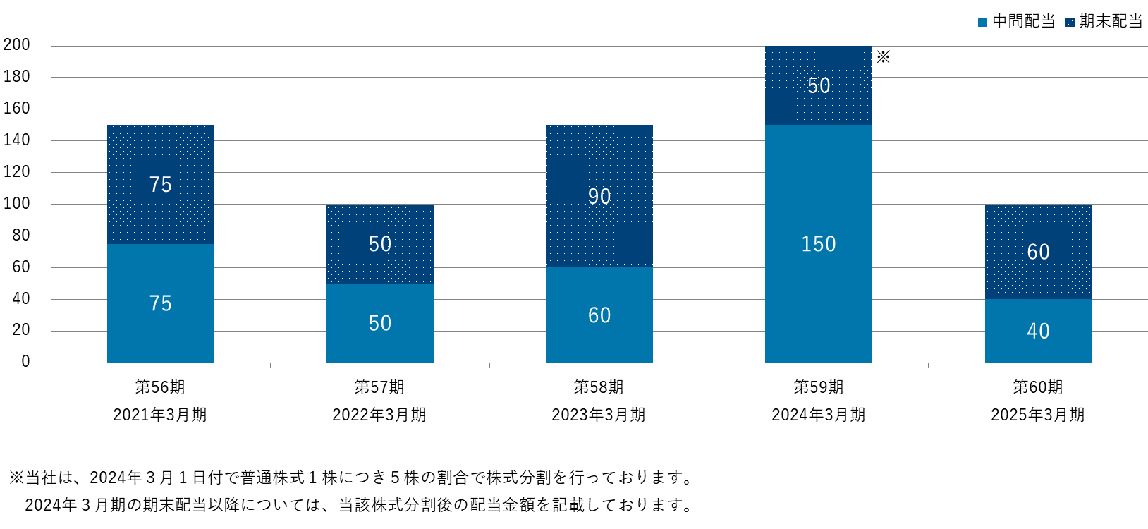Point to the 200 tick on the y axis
(17, 45)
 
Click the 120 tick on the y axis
(17, 171)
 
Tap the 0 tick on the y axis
(26, 362)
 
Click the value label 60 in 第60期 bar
(1038, 252)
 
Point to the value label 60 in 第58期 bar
(599, 315)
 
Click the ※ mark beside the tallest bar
(883, 57)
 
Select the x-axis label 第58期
(599, 387)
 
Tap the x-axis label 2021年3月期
(160, 415)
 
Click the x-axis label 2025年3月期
(1037, 415)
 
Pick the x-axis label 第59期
(818, 387)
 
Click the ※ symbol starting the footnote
(16, 478)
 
